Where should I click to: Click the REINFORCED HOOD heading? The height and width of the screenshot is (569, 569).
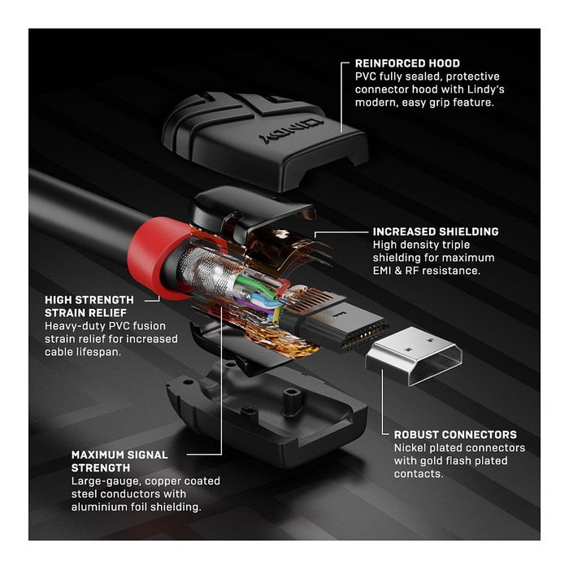(x=407, y=63)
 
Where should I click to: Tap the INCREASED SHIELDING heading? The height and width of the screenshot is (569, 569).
(x=436, y=232)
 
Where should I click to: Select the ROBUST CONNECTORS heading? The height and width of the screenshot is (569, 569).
(x=455, y=435)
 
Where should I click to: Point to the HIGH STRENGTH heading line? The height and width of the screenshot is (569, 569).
(x=89, y=300)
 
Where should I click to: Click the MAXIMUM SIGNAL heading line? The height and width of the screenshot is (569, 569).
(x=119, y=455)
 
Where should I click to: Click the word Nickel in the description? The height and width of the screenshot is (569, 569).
(x=411, y=448)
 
